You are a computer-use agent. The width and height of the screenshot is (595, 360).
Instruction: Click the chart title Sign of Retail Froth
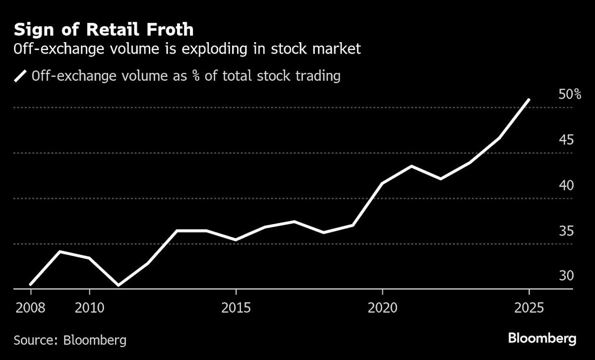pos(104,30)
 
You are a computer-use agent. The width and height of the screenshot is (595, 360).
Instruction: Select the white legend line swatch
pos(21,76)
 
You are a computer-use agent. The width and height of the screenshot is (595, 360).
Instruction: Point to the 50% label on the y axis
pos(569,94)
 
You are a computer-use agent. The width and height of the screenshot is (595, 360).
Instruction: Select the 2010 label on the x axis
pos(89,307)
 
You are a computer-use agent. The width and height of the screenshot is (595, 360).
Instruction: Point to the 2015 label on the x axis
pos(236,307)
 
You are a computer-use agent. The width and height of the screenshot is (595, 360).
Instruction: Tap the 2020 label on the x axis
pos(382,307)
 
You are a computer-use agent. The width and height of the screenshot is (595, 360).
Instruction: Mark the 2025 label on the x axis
pos(529,307)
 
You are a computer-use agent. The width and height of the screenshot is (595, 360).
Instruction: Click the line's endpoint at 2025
pos(529,100)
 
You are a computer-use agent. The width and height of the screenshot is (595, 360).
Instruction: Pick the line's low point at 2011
pos(119,286)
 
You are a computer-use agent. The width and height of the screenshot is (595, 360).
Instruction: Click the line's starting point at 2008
pos(31,285)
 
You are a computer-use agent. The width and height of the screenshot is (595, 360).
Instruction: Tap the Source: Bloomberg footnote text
pos(70,340)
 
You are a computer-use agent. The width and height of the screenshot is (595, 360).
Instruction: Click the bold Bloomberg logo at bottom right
pos(542,339)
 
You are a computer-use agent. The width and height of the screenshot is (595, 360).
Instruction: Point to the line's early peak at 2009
pos(60,251)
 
